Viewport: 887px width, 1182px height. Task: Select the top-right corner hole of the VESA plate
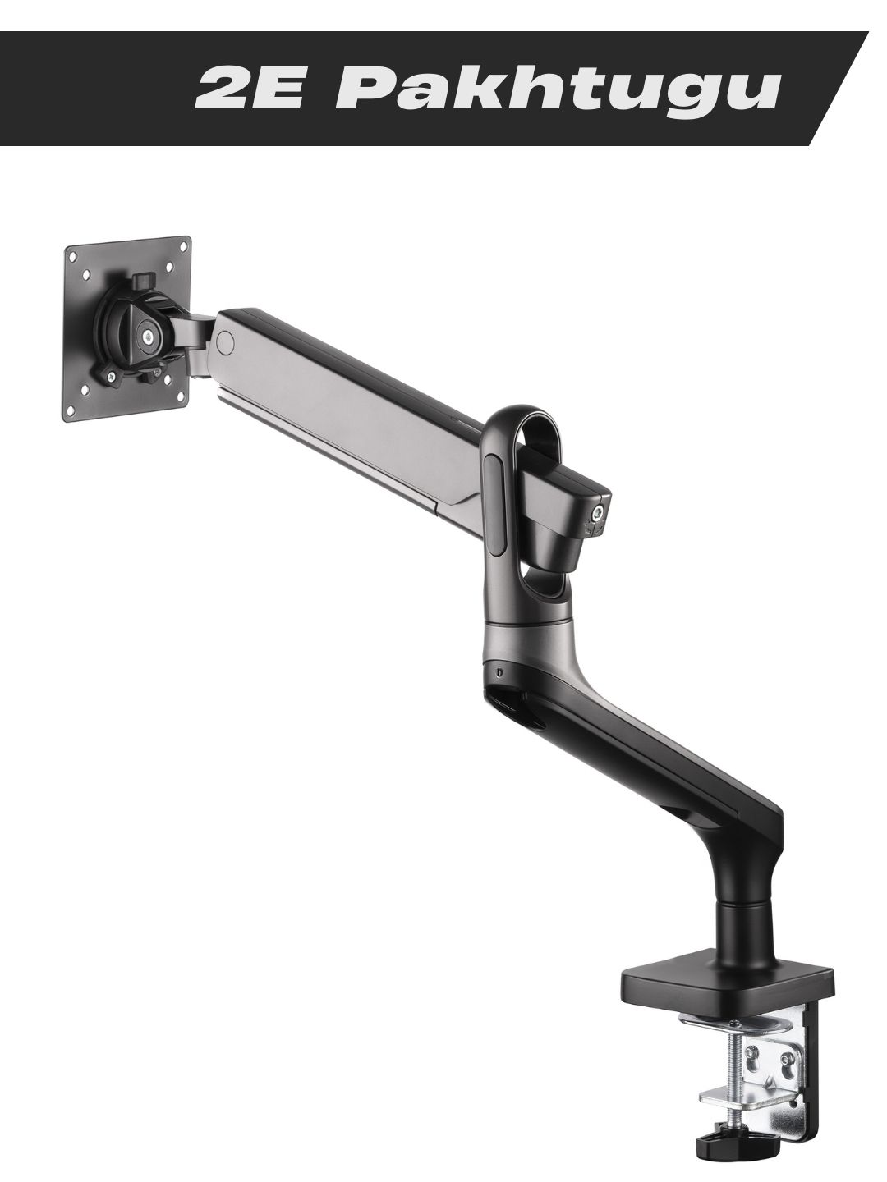pyautogui.click(x=184, y=245)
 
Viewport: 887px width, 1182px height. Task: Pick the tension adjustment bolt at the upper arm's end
pyautogui.click(x=596, y=514)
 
